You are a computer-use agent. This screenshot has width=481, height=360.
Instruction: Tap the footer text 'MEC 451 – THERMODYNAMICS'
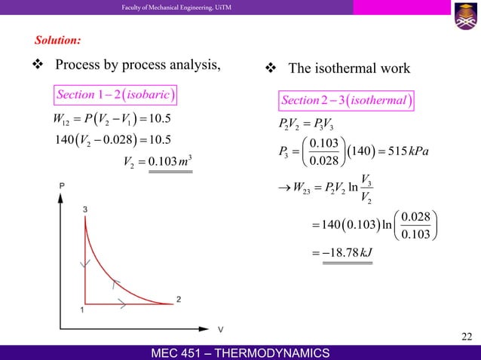click(240, 352)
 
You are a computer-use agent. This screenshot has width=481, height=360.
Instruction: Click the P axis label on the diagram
click(61, 185)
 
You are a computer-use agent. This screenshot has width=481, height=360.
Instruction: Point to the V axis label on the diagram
click(221, 329)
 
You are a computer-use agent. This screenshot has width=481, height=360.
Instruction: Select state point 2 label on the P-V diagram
click(179, 299)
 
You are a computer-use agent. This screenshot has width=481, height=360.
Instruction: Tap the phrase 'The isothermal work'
click(349, 69)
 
